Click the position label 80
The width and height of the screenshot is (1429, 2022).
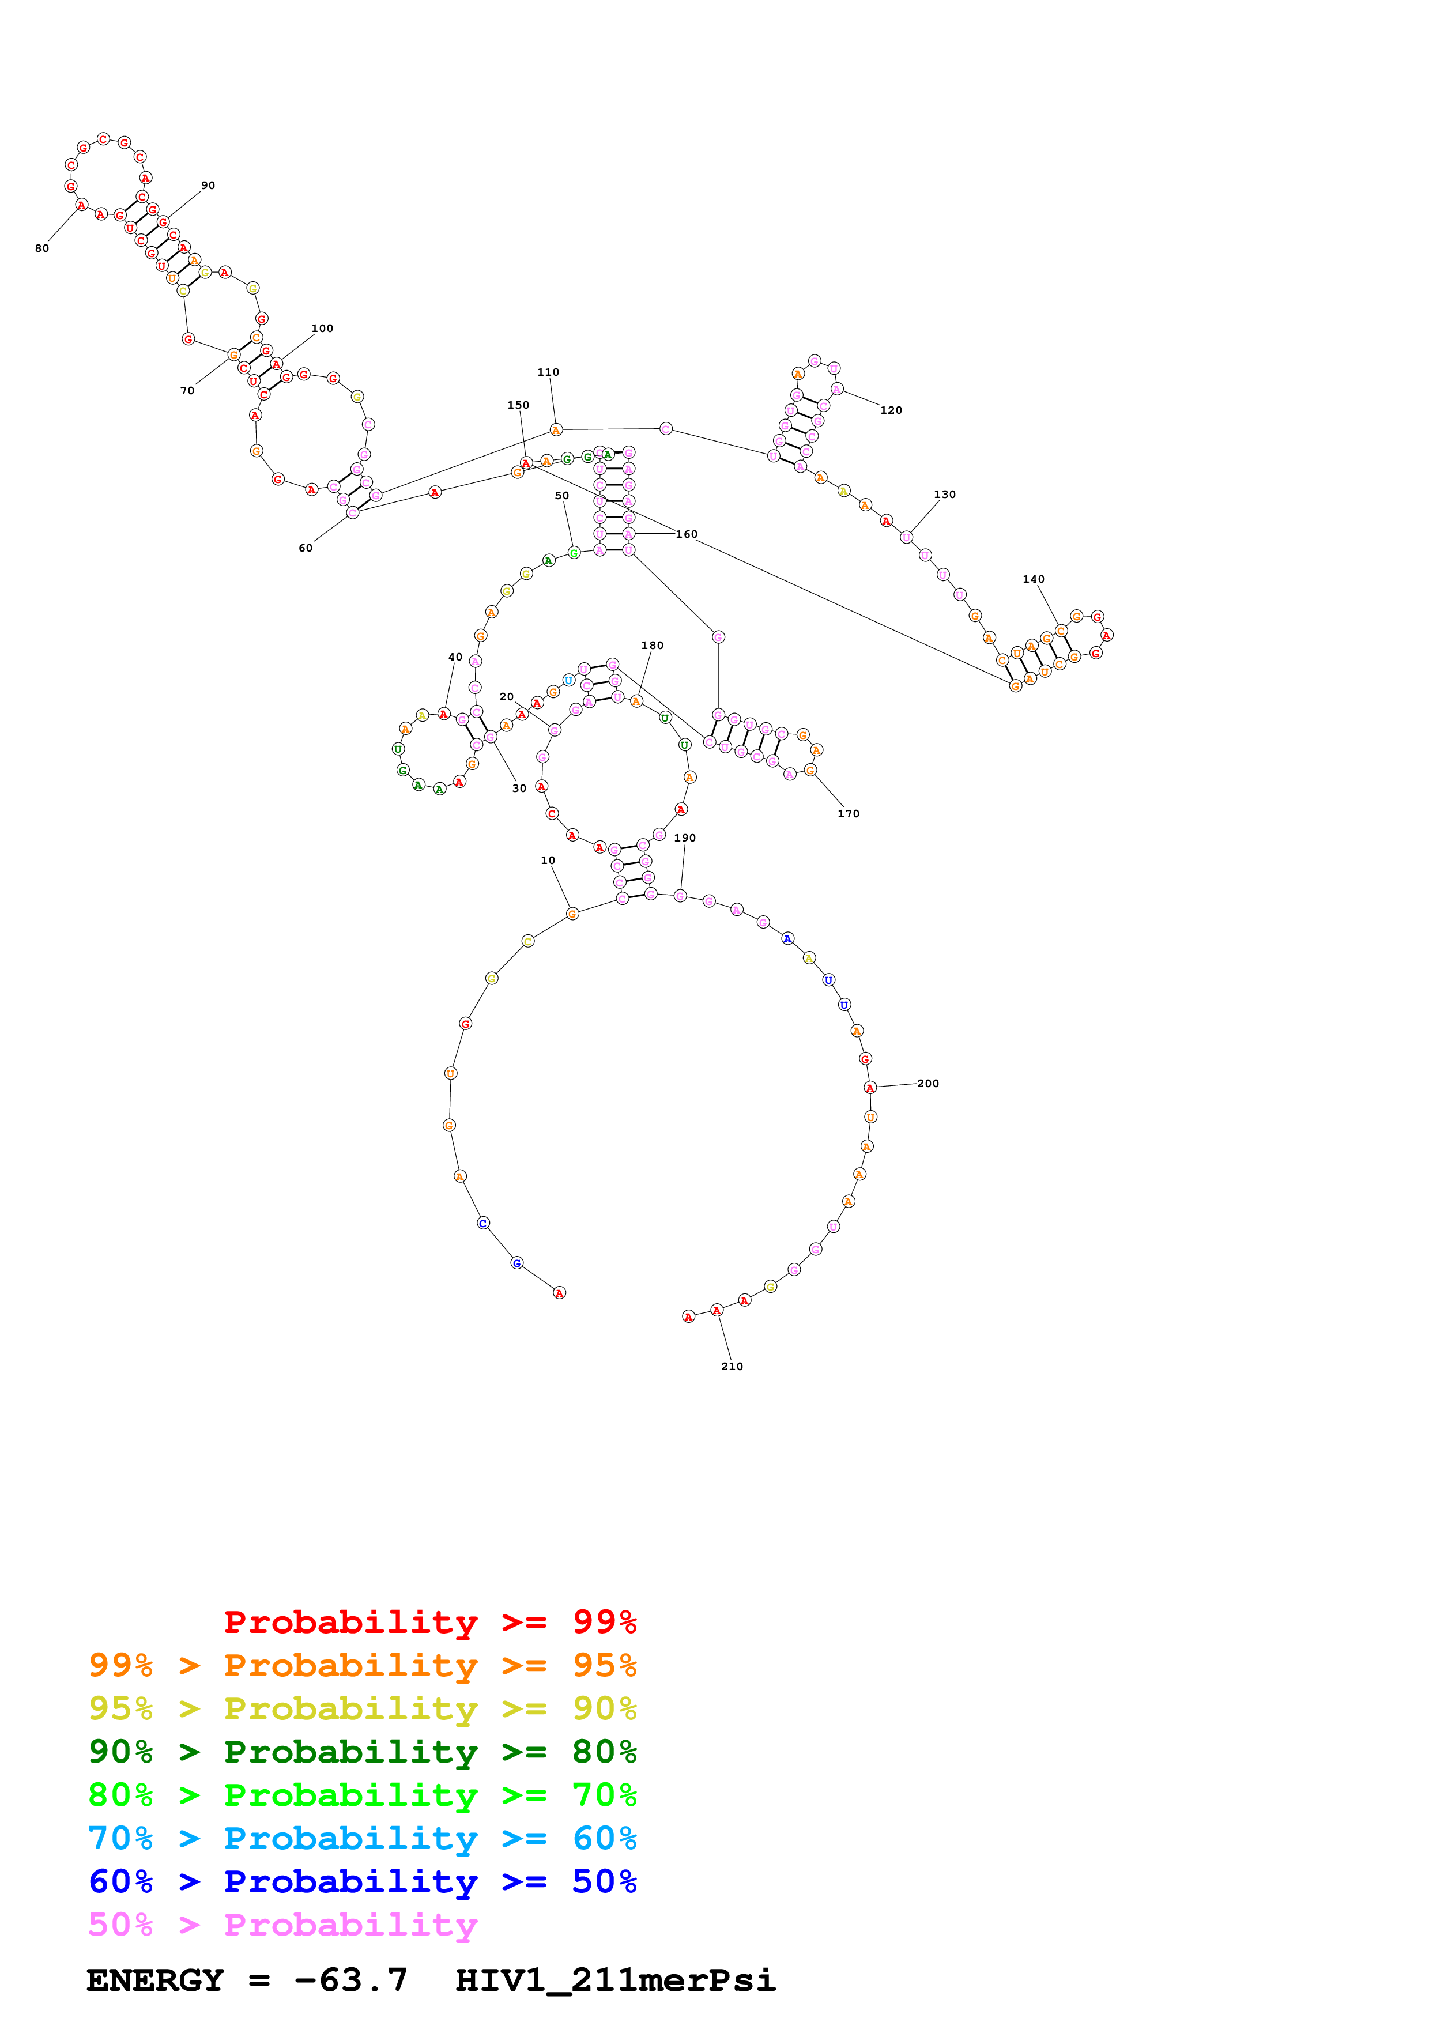pos(42,248)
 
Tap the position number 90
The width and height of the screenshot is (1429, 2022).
pos(208,186)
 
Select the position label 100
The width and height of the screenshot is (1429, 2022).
pos(322,329)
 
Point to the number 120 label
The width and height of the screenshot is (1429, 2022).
pos(891,410)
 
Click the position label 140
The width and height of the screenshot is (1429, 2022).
pos(1034,579)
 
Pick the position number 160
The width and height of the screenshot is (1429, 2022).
pos(687,534)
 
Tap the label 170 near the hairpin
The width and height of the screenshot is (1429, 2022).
pos(849,814)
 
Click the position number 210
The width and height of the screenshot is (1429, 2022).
pos(732,1367)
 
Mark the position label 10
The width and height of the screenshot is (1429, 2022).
pos(548,861)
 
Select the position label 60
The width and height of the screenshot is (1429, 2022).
pos(306,548)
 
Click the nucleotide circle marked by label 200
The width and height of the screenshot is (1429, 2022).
pos(870,1088)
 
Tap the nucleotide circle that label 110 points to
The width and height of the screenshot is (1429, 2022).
pos(556,430)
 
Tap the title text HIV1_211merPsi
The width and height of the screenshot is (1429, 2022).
pos(614,1980)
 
